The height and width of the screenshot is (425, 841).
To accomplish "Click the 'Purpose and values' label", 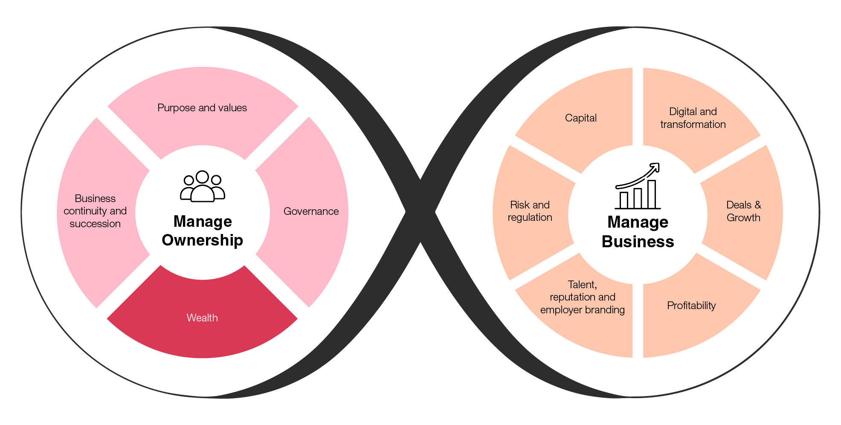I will coord(202,108).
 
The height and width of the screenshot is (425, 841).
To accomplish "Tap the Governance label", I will coord(311,211).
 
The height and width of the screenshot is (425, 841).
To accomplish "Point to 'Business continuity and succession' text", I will coord(95,211).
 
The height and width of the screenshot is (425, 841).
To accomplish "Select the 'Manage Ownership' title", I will coord(203,231).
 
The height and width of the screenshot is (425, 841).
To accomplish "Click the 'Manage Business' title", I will coord(638,232).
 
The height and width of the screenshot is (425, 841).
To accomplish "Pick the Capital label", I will coord(580,118).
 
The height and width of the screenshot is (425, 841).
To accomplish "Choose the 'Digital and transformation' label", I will coord(693,118).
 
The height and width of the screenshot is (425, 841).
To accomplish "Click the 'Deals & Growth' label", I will coord(743,211).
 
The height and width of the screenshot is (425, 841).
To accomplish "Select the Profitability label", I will coord(691,306).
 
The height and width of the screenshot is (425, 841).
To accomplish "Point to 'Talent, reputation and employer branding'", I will coord(582,297).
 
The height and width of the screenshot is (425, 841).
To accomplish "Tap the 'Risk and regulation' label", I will coord(530,211).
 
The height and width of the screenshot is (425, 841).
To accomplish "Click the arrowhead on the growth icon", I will coord(655,167).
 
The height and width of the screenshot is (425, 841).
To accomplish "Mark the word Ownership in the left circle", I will coord(203,240).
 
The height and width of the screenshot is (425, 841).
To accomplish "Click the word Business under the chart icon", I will coord(638,242).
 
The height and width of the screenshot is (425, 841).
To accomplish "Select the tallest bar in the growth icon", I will coord(652,194).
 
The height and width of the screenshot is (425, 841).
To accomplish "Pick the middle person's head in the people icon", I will coord(202,177).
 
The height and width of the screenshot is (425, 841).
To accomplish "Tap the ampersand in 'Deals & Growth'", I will coord(757,205).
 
